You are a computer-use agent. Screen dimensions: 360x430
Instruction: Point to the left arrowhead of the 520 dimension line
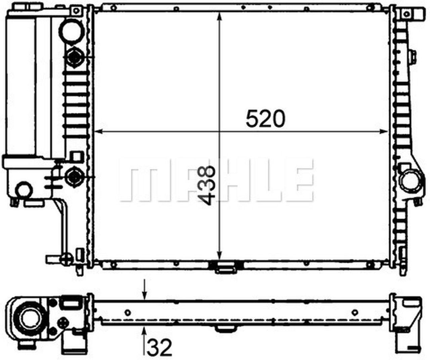coord(98,132)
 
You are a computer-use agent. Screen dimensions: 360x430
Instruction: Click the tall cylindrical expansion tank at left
coord(21,84)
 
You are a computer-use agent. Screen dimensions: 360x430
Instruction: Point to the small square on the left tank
coord(76,157)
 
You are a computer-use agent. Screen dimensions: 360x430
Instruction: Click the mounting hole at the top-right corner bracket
coord(407,14)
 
